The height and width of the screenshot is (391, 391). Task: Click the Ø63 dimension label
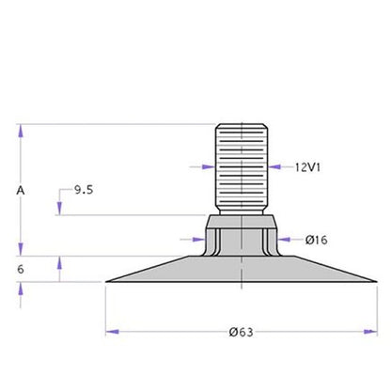[x=241, y=332]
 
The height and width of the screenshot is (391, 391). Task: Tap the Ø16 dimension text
[x=317, y=240]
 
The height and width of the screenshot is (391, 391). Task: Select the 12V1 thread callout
[x=307, y=167]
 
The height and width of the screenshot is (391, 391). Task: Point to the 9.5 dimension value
[x=84, y=190]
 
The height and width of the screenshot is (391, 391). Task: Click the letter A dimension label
[x=21, y=190]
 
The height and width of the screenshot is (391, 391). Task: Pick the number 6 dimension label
[x=21, y=269]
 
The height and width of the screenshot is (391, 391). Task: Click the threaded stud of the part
[x=242, y=169]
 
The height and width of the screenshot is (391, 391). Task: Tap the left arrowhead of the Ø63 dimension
[x=113, y=332]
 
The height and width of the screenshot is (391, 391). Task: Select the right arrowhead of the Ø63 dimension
[x=370, y=332]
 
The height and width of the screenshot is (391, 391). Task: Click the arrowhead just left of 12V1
[x=274, y=167]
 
